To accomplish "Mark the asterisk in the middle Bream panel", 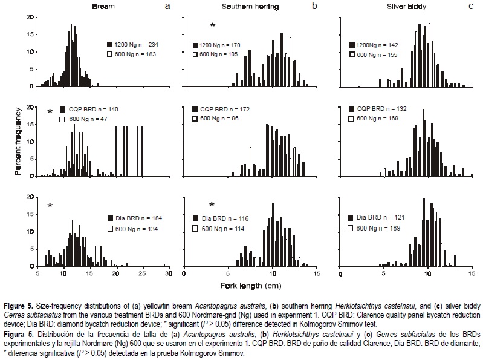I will [x=50, y=111].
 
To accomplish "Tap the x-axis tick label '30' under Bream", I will [x=169, y=274].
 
